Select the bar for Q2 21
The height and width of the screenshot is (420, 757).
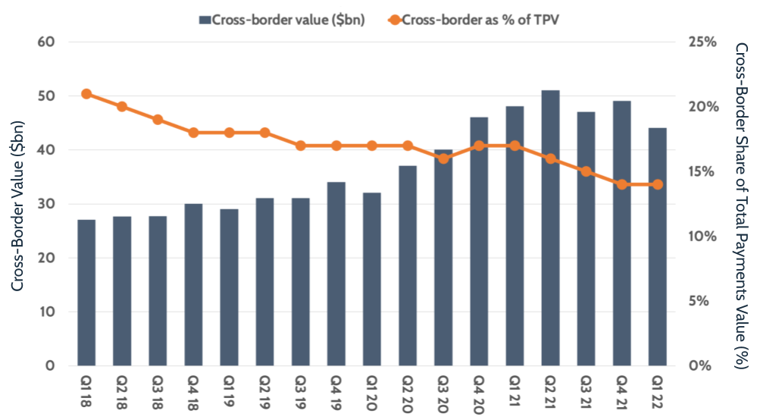[550, 227]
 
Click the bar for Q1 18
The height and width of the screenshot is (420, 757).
[86, 293]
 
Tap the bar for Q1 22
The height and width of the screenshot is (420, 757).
[658, 246]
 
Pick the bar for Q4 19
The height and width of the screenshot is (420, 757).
[336, 274]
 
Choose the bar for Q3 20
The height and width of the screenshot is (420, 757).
[443, 258]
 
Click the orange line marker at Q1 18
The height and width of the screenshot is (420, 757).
[86, 94]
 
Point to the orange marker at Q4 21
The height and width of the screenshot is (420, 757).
[622, 184]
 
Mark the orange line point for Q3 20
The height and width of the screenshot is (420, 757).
[443, 158]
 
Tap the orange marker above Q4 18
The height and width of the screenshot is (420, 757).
[193, 133]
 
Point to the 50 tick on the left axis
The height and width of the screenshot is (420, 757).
[48, 96]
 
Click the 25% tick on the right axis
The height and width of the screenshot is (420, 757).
[701, 42]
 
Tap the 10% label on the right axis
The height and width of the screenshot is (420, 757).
[701, 237]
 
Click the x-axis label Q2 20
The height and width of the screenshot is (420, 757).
[408, 391]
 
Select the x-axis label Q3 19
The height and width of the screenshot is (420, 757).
[301, 391]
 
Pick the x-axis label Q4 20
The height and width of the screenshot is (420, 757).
[479, 391]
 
